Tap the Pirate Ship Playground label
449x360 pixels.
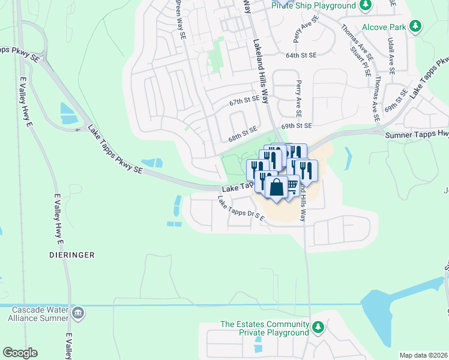point(313,6)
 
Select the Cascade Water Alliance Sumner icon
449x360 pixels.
point(79,313)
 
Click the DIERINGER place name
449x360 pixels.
point(72,255)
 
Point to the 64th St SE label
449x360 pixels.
point(301,55)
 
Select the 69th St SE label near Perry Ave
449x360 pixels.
point(297,126)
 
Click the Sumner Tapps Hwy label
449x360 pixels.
point(417,136)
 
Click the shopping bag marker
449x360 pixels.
point(276,188)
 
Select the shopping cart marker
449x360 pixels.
point(292,184)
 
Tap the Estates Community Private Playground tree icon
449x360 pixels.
point(319,328)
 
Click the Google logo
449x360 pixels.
point(20,353)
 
